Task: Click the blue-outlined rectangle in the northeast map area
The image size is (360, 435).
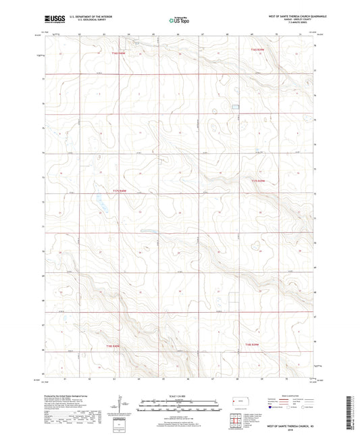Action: (x=235, y=106)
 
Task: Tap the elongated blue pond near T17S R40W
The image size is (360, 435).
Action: (x=99, y=201)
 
